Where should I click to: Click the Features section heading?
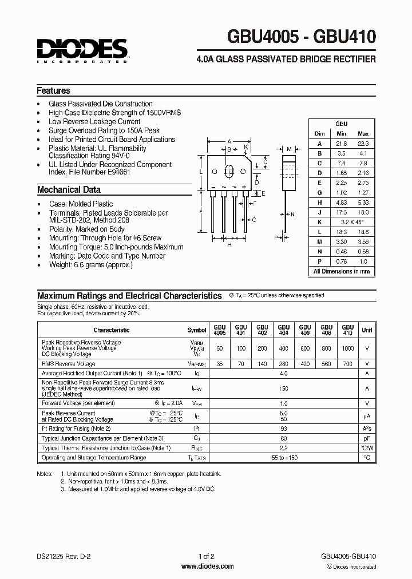click(53, 91)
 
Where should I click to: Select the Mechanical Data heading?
click(69, 190)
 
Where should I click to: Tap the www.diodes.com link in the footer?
click(207, 566)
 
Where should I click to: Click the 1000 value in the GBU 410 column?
click(347, 348)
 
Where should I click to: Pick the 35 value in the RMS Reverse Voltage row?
click(220, 364)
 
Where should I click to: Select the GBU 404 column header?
click(283, 330)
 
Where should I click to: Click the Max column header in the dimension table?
click(362, 134)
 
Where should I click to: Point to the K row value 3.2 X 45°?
click(351, 221)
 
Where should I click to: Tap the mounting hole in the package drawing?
click(229, 171)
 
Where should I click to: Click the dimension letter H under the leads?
click(229, 245)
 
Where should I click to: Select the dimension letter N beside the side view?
click(292, 215)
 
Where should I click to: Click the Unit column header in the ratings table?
click(366, 330)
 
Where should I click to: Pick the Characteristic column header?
click(112, 330)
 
